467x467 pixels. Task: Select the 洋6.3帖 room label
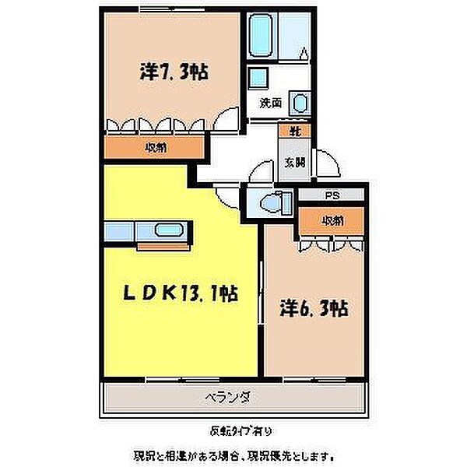pos(314,308)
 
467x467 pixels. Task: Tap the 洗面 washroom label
pos(270,102)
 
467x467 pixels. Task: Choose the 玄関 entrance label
pos(294,163)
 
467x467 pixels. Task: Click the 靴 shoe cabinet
pos(296,132)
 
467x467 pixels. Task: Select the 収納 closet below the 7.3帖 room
pos(154,147)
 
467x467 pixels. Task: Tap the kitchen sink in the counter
pos(168,230)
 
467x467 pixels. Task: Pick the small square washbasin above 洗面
pos(258,77)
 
